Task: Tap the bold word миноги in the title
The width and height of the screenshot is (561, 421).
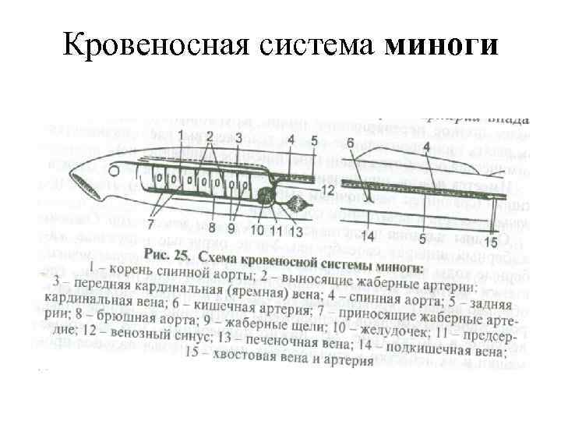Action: (x=440, y=44)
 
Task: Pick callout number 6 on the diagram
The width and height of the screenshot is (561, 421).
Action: (x=350, y=143)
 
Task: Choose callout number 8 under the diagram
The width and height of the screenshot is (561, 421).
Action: (x=211, y=228)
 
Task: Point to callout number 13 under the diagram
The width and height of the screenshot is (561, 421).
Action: (x=296, y=230)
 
